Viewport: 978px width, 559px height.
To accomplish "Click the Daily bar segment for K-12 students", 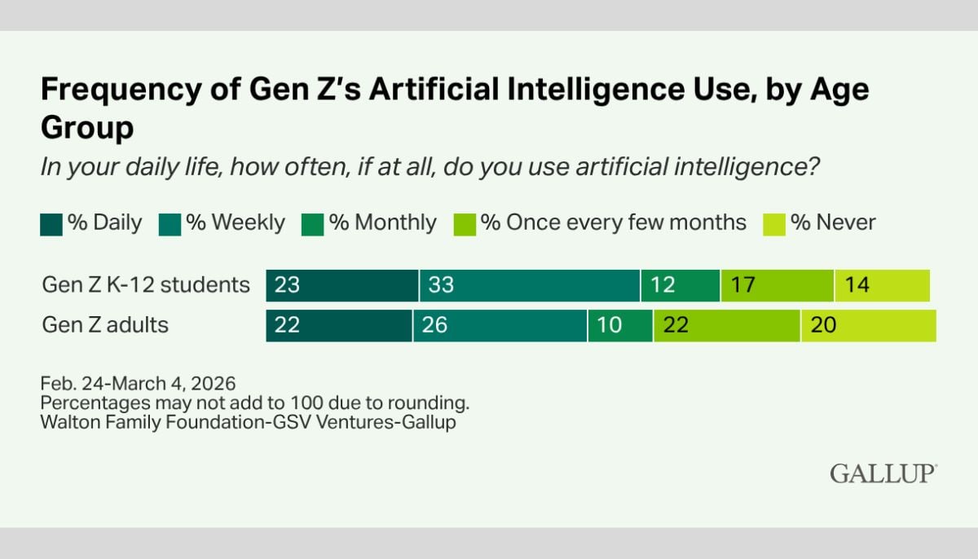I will tap(342, 285).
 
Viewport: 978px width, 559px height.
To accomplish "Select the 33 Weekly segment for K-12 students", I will tap(530, 285).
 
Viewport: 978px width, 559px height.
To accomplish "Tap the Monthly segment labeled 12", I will tap(681, 285).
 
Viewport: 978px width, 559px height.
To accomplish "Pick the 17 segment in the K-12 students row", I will tap(777, 285).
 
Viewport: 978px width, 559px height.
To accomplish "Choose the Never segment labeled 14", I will tap(882, 285).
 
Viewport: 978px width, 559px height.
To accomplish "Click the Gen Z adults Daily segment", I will tap(339, 325).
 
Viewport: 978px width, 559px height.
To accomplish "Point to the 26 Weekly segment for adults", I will tap(500, 325).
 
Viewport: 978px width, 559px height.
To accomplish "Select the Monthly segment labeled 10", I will tap(619, 325).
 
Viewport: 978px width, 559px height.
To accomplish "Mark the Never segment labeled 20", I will tap(868, 325).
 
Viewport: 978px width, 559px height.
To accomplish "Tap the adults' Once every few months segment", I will tap(726, 325).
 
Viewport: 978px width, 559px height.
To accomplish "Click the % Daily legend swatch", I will tap(51, 223).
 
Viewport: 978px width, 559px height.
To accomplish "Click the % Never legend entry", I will tap(820, 223).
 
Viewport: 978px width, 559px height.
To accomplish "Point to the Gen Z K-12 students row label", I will tap(146, 285).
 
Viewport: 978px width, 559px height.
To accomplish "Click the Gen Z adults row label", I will tap(105, 325).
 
